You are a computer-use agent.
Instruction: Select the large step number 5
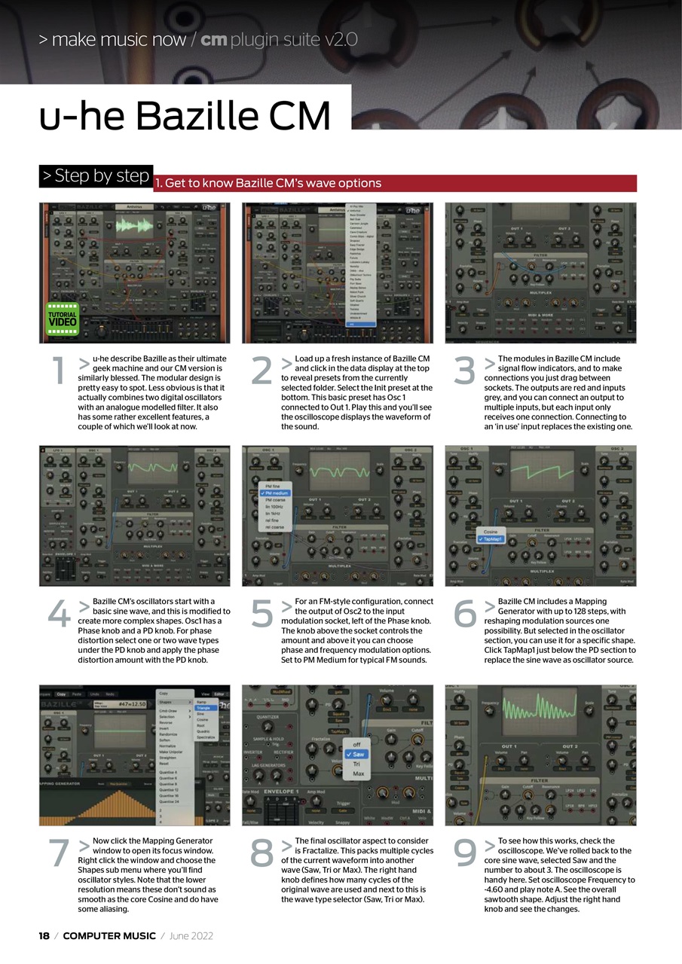[262, 615]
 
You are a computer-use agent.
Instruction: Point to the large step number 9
[465, 854]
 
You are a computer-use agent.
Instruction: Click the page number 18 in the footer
[44, 936]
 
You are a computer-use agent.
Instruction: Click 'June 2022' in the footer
[191, 936]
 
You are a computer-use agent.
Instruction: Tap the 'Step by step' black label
[96, 176]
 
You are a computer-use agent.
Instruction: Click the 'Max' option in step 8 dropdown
[358, 773]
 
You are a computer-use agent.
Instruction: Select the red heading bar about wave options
[395, 183]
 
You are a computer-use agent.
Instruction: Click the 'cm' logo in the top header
[214, 40]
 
